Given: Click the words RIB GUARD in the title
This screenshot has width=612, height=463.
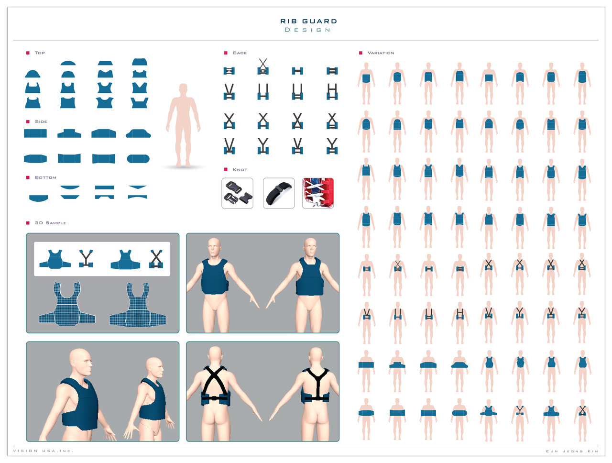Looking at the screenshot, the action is pos(308,21).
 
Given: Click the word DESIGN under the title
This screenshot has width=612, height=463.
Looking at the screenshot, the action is pos(307,30).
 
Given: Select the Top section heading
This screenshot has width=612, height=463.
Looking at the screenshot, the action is pos(40,53).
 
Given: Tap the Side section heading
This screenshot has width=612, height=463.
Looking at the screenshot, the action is pos(41,121).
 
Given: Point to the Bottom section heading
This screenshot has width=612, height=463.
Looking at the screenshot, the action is pos(45,177).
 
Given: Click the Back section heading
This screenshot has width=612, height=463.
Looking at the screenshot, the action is pos(240,53).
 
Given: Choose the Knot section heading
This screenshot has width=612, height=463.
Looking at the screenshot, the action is pos(240,170).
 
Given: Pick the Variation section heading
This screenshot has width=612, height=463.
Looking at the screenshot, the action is pos(381,53).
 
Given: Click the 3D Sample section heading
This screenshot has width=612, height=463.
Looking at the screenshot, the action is pos(51,223).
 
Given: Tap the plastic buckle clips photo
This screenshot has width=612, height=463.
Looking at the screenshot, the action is pos(237,193).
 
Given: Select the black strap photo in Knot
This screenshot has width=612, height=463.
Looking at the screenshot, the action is pos(279,193).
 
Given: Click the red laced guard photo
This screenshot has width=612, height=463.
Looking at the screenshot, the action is pos(318,193).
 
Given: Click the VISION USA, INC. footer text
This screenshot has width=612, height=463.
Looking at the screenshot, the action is pos(43,451).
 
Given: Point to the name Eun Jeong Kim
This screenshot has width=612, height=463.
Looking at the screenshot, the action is pos(572,451).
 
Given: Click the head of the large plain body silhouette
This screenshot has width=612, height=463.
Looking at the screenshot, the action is pos(183,90).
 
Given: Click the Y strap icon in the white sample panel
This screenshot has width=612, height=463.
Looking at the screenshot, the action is pos(86,258).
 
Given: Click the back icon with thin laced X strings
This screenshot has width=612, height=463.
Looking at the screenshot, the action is pos(263,66).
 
